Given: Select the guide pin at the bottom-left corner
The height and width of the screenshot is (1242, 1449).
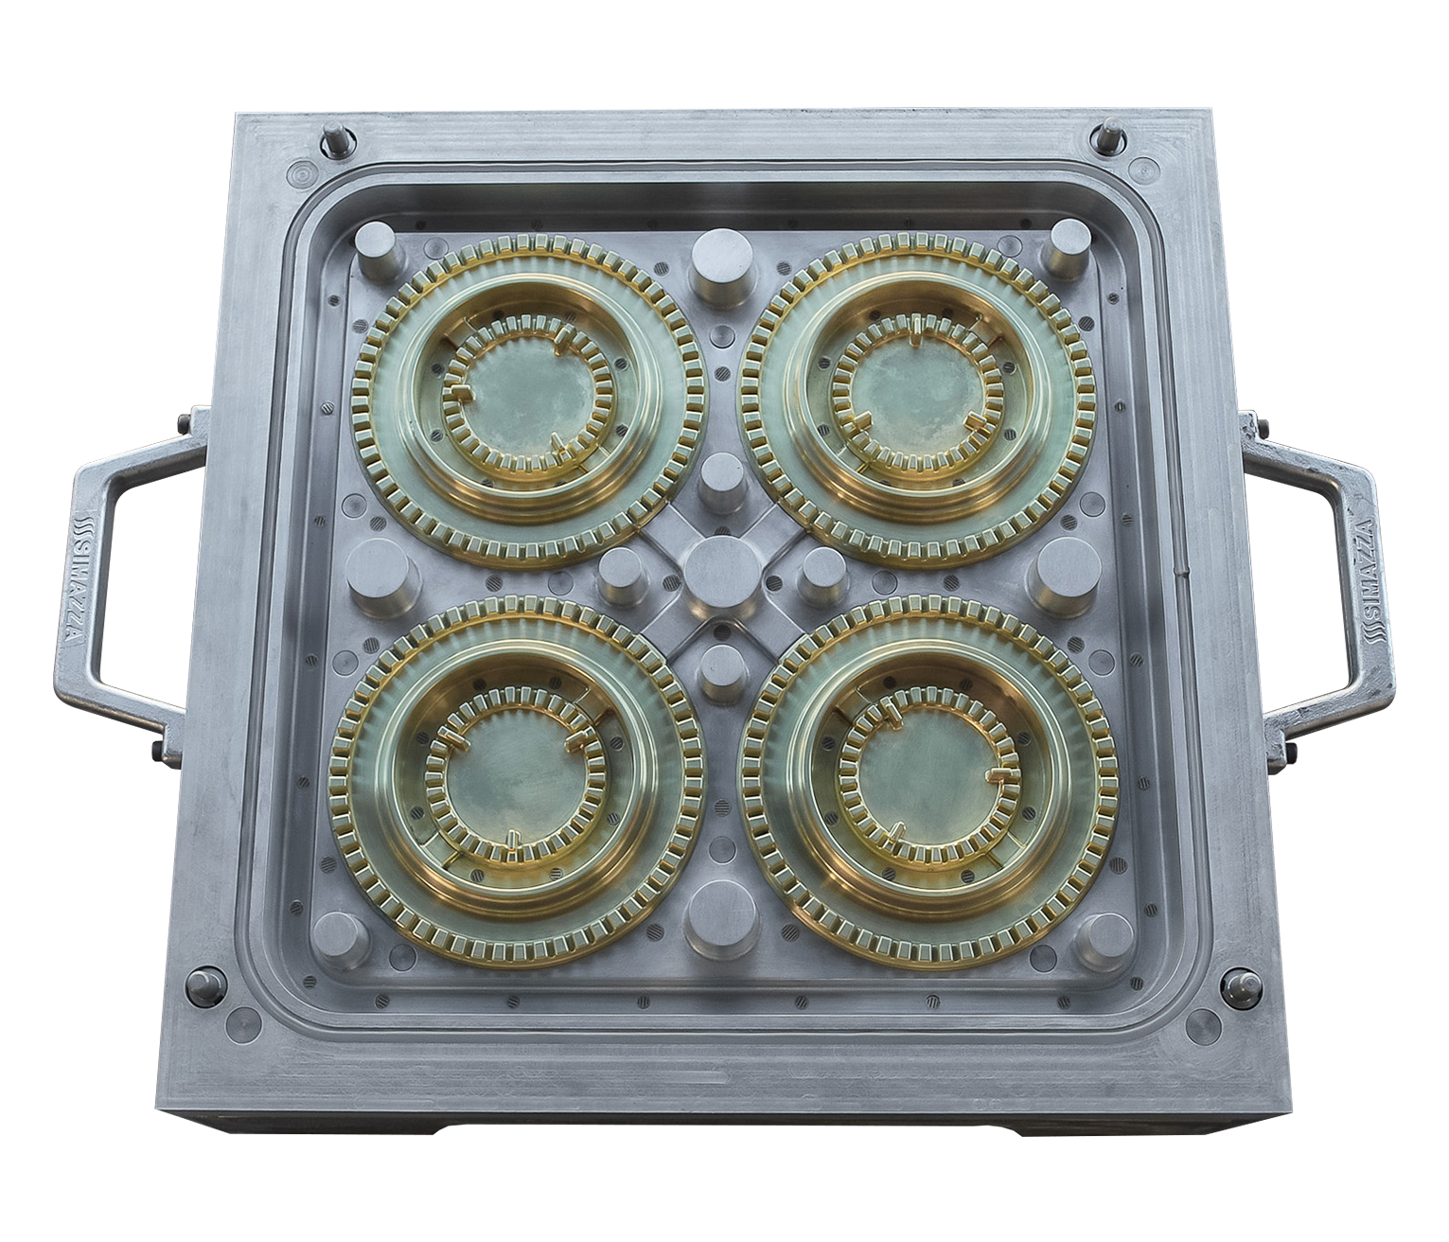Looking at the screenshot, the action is click(204, 984).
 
